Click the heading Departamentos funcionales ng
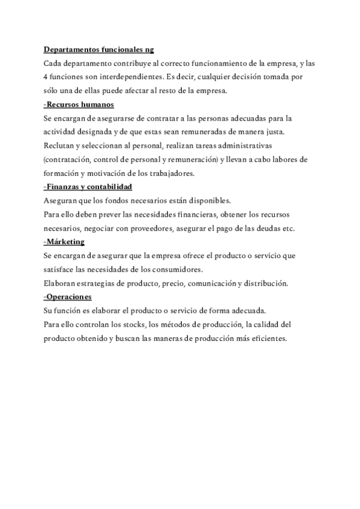(100, 49)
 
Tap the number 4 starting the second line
(46, 77)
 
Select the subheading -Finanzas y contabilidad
(88, 187)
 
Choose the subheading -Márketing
(64, 242)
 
